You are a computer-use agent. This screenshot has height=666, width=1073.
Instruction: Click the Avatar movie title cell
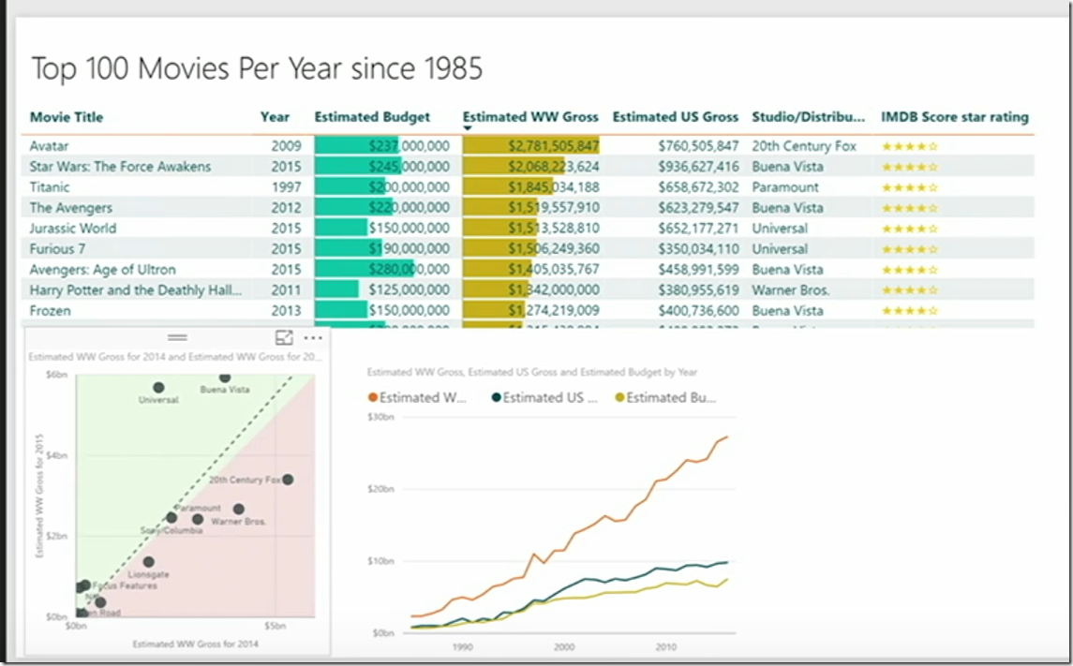[49, 146]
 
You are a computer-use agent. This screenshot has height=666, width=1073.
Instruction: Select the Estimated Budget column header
[372, 117]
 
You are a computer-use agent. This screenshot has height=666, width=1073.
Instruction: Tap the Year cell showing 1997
[287, 187]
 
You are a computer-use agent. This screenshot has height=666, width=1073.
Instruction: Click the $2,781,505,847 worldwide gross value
[553, 146]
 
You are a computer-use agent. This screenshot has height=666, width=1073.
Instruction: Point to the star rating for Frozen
[909, 311]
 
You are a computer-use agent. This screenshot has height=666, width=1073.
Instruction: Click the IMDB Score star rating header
[954, 117]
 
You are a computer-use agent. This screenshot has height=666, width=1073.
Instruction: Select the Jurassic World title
[73, 229]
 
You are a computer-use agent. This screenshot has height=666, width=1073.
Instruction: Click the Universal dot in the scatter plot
[158, 388]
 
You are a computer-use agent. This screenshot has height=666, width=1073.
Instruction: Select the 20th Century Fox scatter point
[288, 480]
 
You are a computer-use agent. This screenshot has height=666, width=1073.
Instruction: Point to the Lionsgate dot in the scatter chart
[148, 562]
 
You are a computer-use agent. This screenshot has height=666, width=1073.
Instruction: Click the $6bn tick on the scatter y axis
[56, 375]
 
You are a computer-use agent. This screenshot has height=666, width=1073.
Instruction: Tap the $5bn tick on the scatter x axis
[275, 625]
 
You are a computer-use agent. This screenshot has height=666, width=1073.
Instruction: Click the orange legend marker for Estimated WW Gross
[373, 397]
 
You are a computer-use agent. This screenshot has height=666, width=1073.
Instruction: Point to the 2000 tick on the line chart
[563, 646]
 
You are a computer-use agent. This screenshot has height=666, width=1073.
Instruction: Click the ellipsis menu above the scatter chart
[313, 338]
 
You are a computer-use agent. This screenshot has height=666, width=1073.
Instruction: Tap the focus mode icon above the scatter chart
[284, 338]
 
